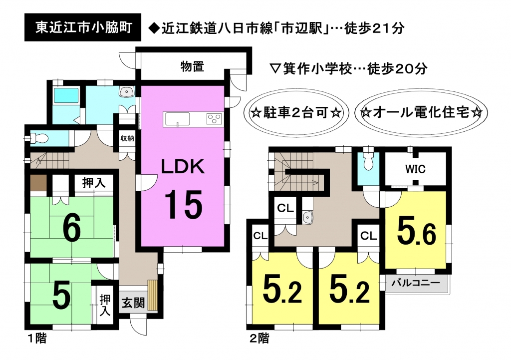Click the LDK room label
click(x=183, y=166)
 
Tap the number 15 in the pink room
click(x=184, y=205)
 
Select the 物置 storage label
click(x=192, y=66)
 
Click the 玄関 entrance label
click(x=133, y=303)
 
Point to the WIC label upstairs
click(x=415, y=169)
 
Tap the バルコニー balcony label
click(x=416, y=283)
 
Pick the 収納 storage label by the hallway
click(x=127, y=138)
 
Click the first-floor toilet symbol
click(x=39, y=139)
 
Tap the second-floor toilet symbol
click(x=368, y=161)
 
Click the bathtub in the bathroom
click(x=66, y=95)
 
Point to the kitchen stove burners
click(x=214, y=119)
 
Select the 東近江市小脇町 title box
click(x=83, y=27)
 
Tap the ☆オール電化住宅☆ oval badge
click(x=422, y=113)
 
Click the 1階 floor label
click(x=36, y=339)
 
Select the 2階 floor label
click(x=259, y=339)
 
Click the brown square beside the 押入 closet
click(x=38, y=183)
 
